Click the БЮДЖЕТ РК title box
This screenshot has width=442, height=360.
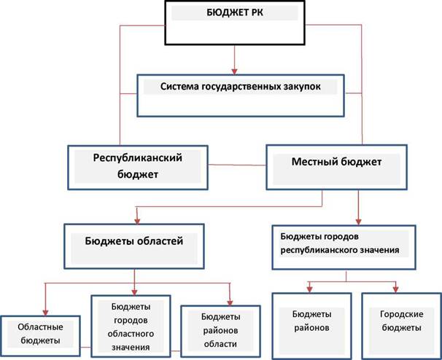click(x=235, y=23)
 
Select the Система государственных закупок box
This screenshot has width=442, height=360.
click(x=241, y=95)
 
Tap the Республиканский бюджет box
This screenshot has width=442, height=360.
click(x=138, y=168)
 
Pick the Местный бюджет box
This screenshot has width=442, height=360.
click(x=336, y=168)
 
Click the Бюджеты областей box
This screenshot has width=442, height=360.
click(x=134, y=246)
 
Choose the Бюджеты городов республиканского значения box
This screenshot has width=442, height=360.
click(x=344, y=247)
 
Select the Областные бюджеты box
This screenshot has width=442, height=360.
click(x=40, y=336)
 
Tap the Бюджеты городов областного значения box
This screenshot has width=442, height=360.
click(x=131, y=326)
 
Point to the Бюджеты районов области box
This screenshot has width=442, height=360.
click(x=220, y=332)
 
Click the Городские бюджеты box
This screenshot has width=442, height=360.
click(x=401, y=326)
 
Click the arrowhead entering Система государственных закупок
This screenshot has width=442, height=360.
click(x=234, y=71)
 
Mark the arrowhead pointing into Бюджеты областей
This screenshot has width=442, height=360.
click(x=137, y=221)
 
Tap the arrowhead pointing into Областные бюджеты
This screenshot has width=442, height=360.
click(x=45, y=313)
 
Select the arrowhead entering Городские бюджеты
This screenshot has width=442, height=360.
click(x=395, y=289)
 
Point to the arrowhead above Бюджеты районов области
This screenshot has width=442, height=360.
click(x=230, y=302)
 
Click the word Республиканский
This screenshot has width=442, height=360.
click(x=138, y=157)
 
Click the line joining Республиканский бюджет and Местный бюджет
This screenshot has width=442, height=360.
click(x=237, y=165)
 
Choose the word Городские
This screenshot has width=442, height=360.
click(x=401, y=314)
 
